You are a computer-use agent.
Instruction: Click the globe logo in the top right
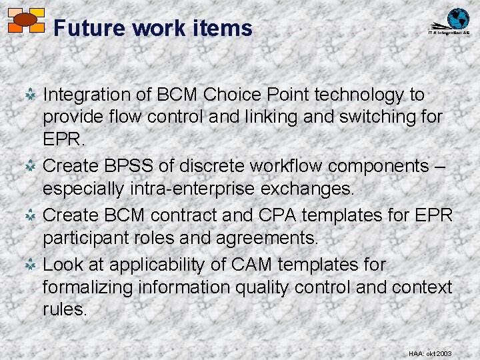tap(457, 19)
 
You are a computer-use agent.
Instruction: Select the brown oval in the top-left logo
tap(25, 19)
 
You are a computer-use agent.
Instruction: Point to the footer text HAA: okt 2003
tap(430, 353)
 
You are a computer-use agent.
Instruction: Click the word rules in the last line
tap(65, 309)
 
